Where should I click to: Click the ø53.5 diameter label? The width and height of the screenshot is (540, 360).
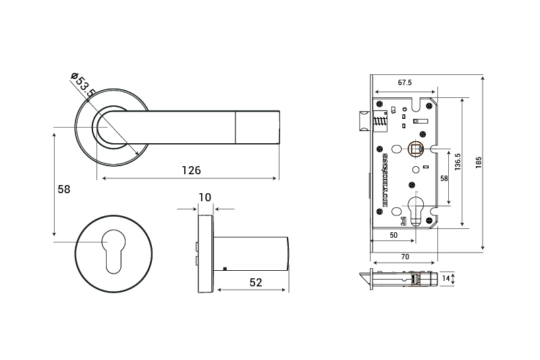tap(83, 84)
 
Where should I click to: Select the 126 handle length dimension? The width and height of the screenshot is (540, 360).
tap(191, 170)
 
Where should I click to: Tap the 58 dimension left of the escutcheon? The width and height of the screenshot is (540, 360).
tap(63, 190)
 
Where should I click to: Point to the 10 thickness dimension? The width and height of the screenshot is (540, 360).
tap(205, 197)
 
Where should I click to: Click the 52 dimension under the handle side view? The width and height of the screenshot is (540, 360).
tap(255, 282)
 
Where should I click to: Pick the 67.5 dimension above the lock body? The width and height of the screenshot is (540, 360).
tap(405, 82)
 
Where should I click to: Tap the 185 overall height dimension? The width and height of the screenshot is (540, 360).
tap(478, 162)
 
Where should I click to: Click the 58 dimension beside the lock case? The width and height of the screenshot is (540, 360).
tap(443, 178)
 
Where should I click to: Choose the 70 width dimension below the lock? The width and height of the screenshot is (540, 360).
tap(405, 257)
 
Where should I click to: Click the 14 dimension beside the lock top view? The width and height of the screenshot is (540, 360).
tap(445, 278)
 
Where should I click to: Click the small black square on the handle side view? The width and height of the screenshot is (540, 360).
tap(224, 269)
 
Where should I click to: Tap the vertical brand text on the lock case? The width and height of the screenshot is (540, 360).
tap(384, 178)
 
